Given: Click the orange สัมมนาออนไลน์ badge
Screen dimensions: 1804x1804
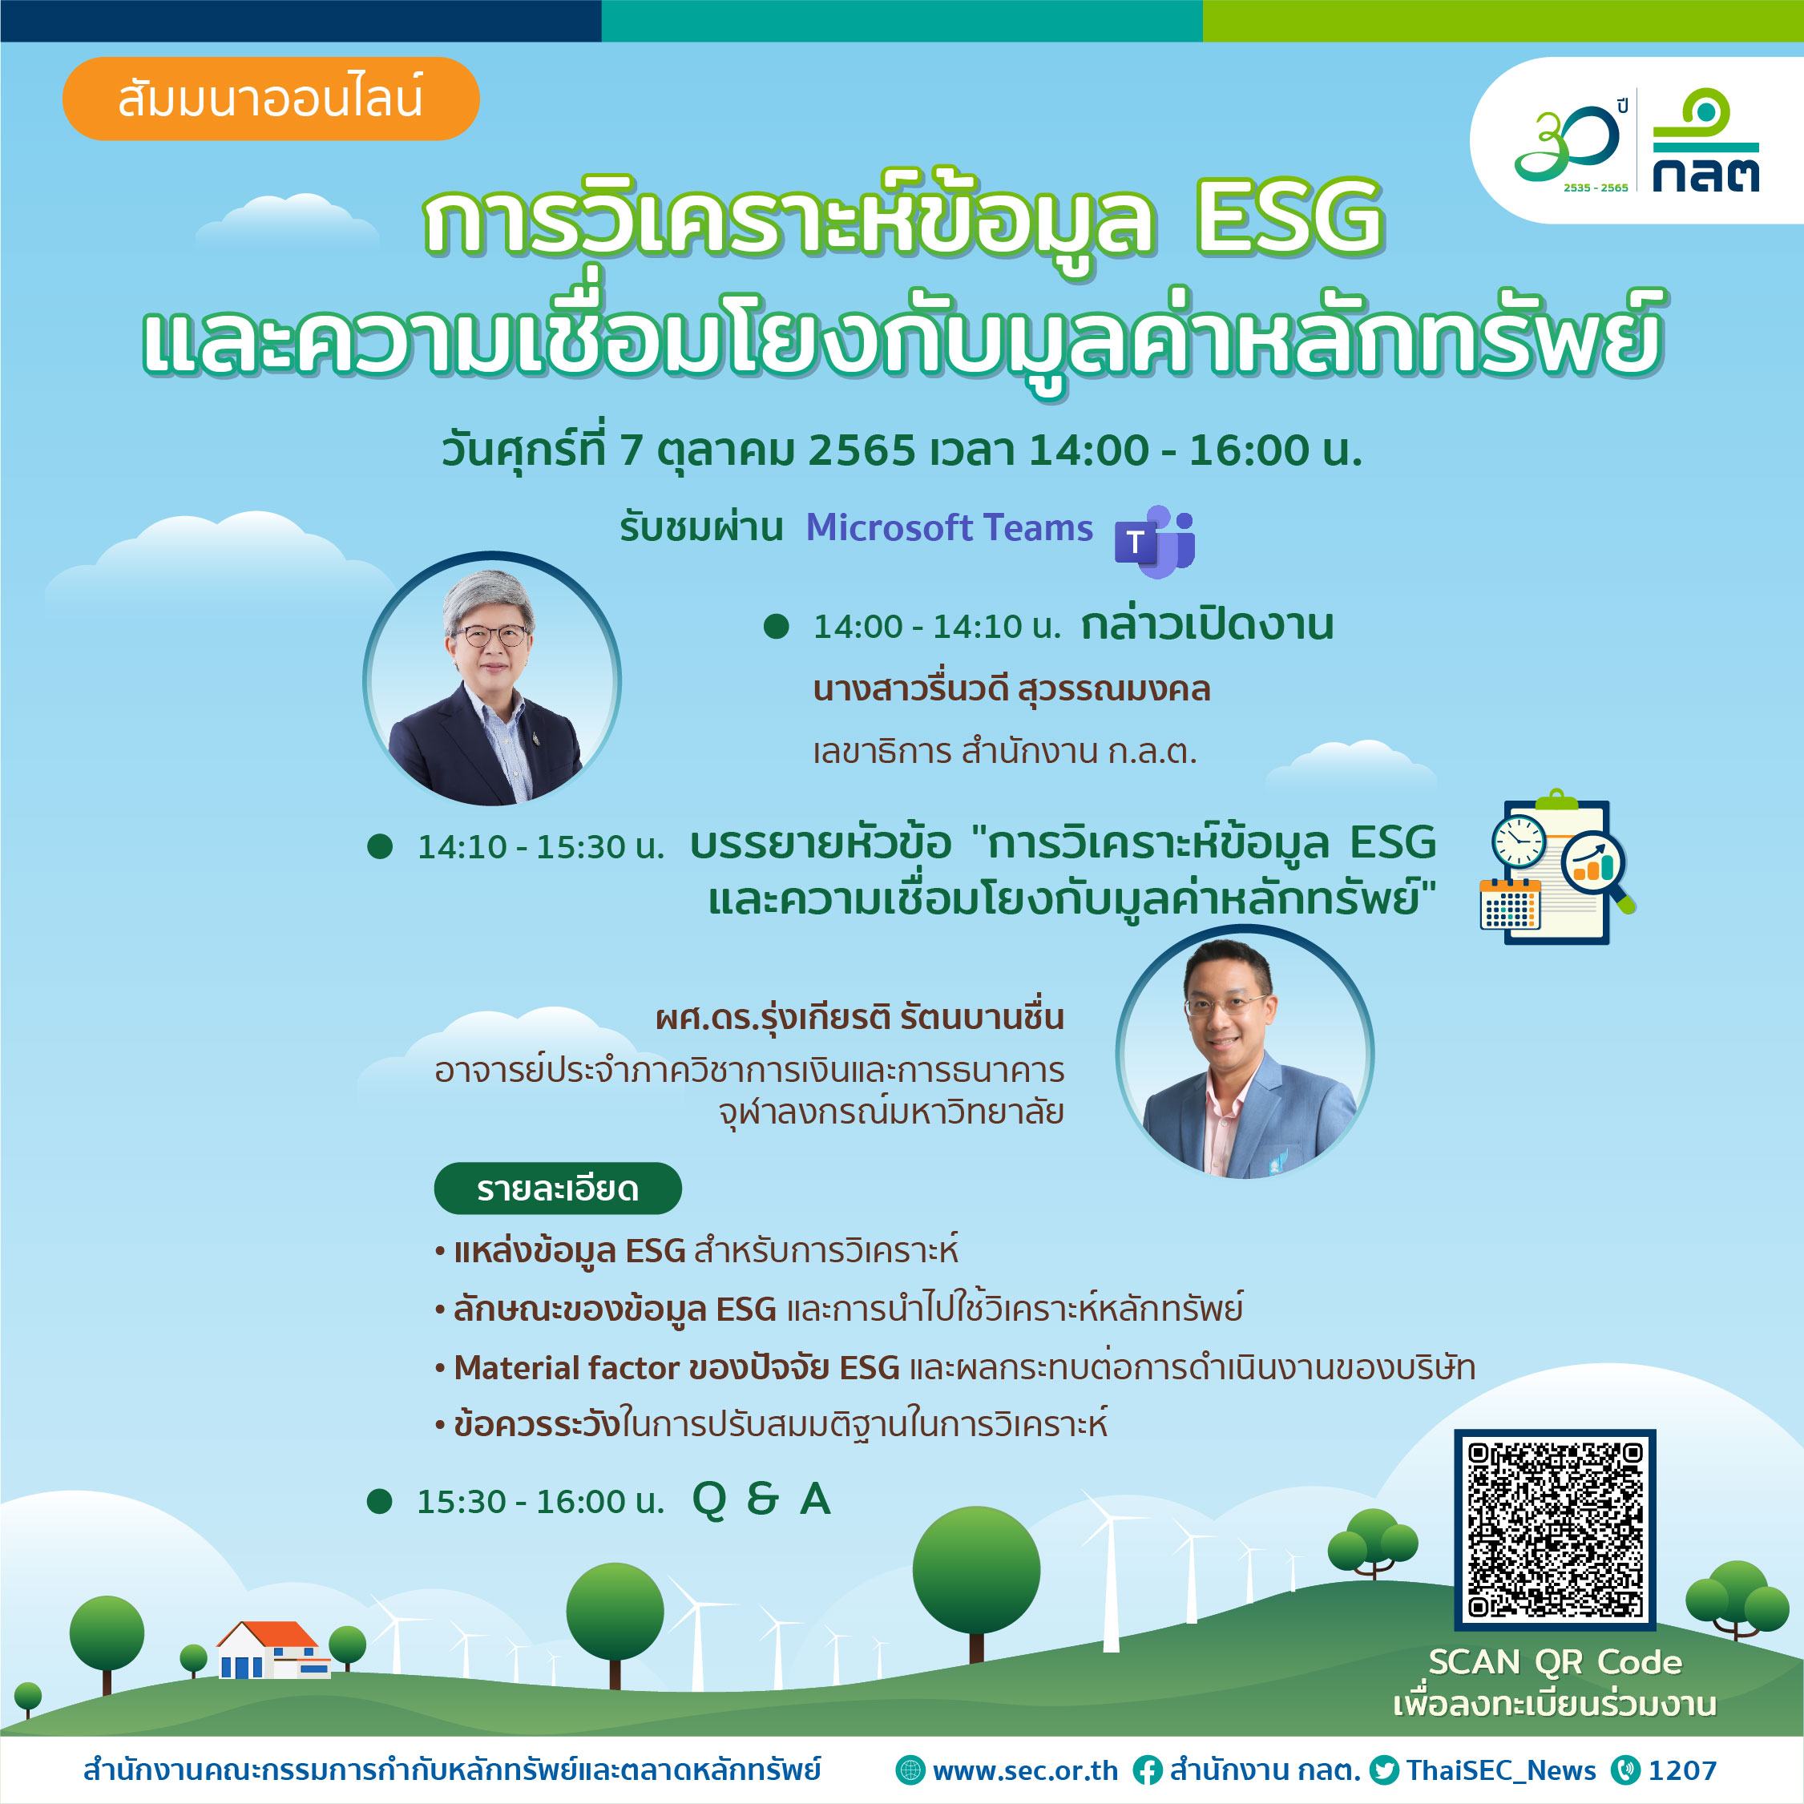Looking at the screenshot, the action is tap(271, 99).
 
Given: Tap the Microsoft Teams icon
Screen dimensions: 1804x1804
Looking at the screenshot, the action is tap(1155, 542).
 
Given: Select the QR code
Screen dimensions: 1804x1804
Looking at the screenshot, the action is tap(1555, 1529).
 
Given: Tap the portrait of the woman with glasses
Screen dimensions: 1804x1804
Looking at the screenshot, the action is tap(492, 680).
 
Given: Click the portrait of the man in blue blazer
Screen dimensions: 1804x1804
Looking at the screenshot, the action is tap(1245, 1053).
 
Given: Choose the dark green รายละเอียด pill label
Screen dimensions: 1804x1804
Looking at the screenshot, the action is tap(558, 1188).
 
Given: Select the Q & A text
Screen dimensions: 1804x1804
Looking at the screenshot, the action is tap(762, 1499).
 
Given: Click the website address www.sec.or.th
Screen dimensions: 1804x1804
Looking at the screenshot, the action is tap(1024, 1770).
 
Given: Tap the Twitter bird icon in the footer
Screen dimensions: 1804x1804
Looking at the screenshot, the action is tap(1384, 1770).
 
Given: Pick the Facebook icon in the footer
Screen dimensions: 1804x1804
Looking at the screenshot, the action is tap(1148, 1770).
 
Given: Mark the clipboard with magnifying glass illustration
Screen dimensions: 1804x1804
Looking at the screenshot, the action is tap(1557, 867).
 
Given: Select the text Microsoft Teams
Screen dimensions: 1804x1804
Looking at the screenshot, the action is tap(949, 527).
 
